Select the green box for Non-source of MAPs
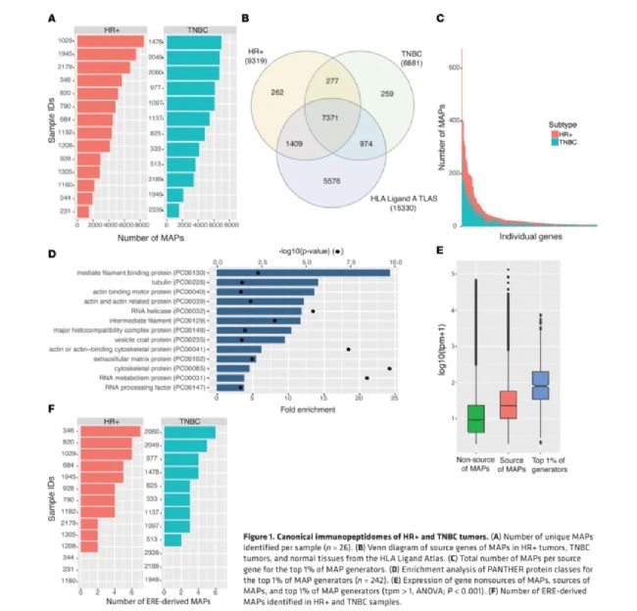(476, 417)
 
